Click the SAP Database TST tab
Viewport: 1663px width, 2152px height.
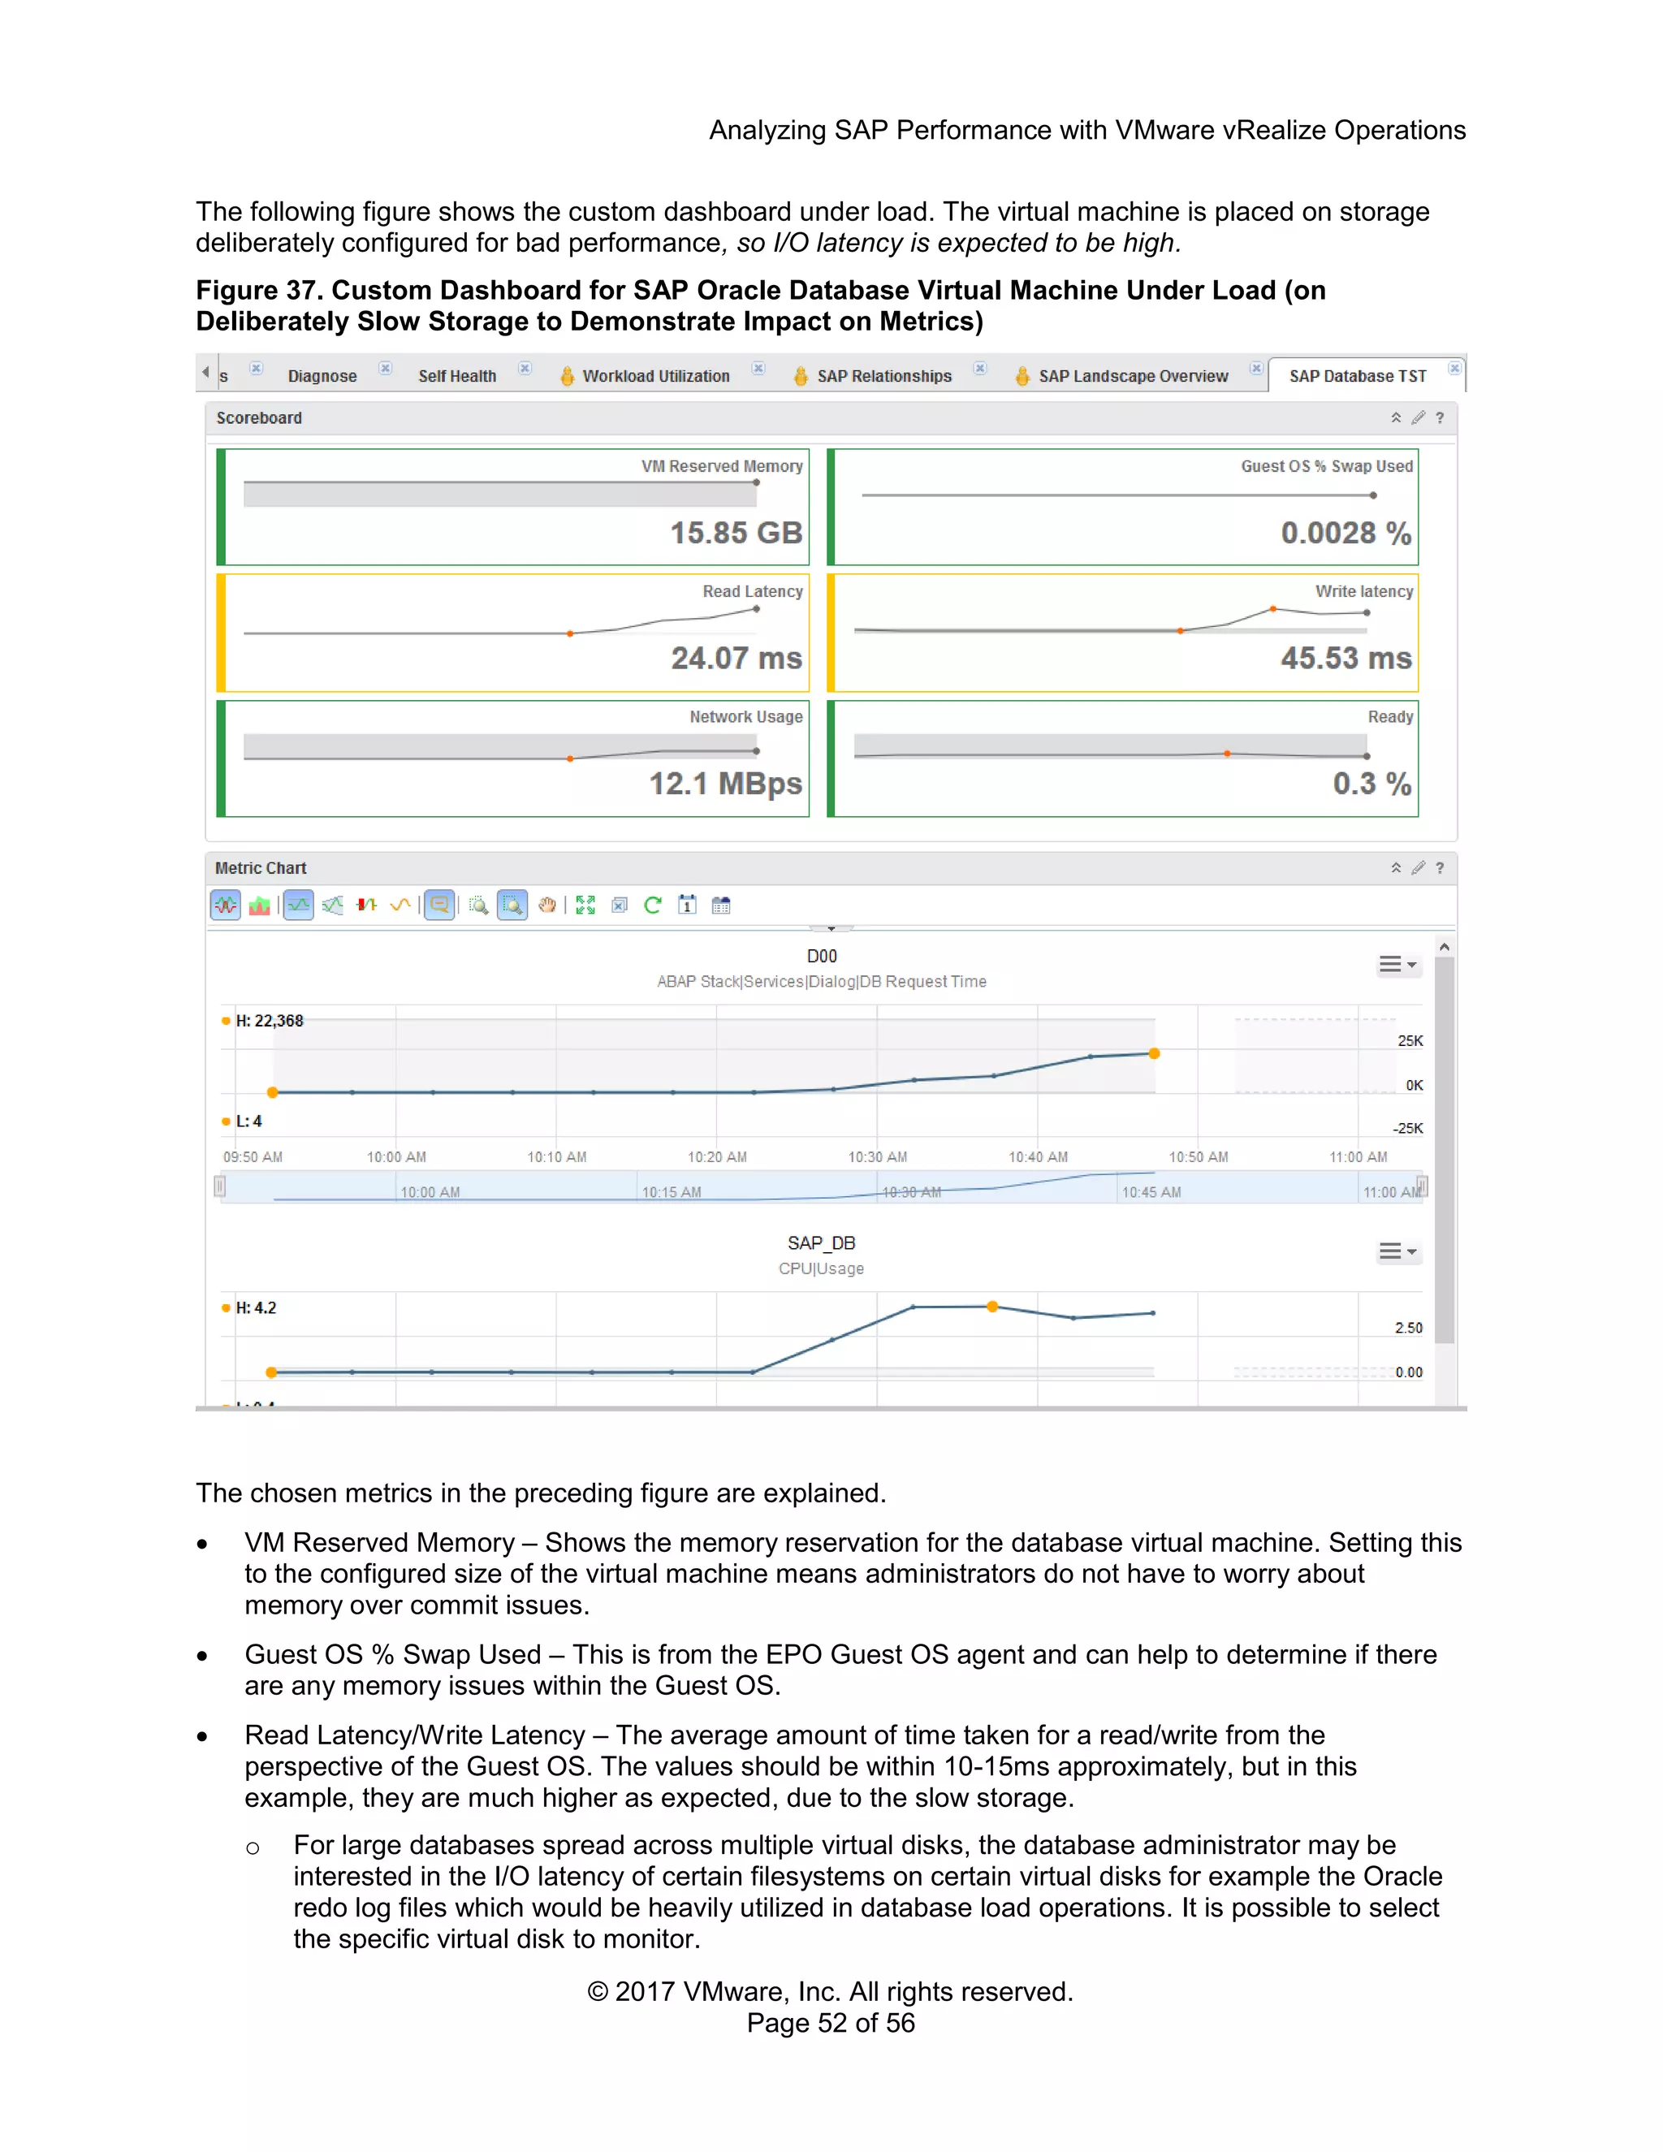click(1357, 375)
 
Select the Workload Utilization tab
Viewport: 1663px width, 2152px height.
click(655, 375)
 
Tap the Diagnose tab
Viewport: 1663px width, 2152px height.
click(322, 375)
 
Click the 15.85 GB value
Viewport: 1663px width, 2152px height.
click(736, 533)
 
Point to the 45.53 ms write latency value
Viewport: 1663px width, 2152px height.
click(1345, 659)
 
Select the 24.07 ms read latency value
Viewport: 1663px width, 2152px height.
click(736, 659)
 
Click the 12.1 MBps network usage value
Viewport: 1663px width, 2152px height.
click(725, 784)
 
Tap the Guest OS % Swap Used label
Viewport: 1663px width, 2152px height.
click(1326, 466)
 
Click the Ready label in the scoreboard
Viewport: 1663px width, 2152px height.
click(1389, 716)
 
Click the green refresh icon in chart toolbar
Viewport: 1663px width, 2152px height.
click(652, 905)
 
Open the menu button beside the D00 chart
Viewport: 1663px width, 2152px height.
click(1397, 965)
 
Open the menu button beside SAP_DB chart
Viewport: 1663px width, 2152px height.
click(1397, 1251)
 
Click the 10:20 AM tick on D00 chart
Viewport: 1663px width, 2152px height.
click(716, 1156)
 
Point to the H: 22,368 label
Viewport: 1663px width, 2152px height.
click(268, 1021)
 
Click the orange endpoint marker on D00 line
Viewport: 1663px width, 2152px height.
click(1154, 1053)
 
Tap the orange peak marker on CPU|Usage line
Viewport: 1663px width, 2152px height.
click(992, 1307)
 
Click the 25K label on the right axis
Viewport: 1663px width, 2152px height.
click(1409, 1040)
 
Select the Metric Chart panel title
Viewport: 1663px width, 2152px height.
click(261, 868)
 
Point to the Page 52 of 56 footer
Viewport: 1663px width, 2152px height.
click(831, 2023)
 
